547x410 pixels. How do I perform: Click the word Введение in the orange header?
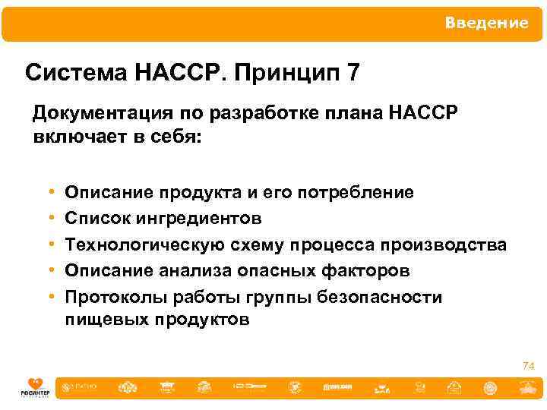tap(486, 23)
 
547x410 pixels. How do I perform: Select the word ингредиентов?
tap(200, 218)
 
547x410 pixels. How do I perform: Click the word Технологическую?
tap(144, 244)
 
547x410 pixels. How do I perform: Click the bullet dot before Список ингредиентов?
tap(49, 219)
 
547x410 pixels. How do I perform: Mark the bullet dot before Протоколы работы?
tap(49, 297)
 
